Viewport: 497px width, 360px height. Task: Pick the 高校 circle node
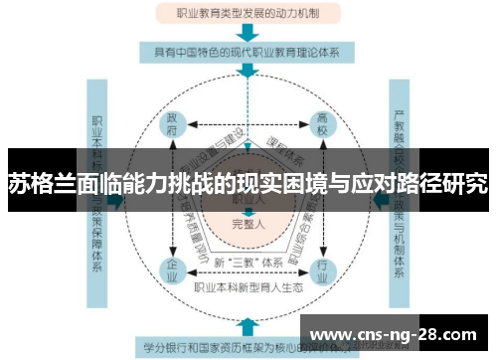tap(323, 124)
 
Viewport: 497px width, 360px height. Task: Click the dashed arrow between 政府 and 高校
tap(248, 124)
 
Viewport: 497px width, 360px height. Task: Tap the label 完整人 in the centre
tap(248, 224)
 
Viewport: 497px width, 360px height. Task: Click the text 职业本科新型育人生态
tap(248, 289)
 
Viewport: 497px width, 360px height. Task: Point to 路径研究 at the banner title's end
tap(451, 183)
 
